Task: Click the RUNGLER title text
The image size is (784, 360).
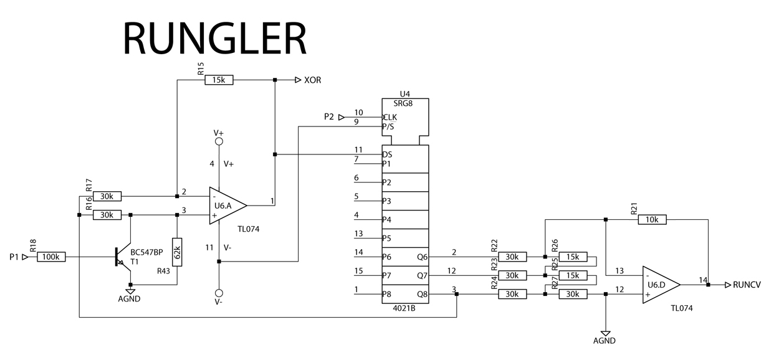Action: (215, 38)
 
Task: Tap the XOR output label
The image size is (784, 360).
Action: (312, 80)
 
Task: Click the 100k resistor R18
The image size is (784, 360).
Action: (51, 257)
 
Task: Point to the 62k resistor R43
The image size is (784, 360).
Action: (177, 252)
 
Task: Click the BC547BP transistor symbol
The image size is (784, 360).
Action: (123, 257)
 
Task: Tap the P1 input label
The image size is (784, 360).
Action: (14, 257)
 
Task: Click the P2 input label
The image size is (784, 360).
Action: (330, 116)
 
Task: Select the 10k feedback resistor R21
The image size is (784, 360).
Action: (651, 219)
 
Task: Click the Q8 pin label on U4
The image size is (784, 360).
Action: (422, 293)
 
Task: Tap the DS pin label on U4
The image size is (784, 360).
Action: (388, 154)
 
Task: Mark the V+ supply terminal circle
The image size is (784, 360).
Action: (219, 142)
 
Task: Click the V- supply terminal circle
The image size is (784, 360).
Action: (219, 293)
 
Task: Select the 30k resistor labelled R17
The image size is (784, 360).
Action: (107, 197)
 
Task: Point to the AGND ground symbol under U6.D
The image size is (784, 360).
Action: (605, 334)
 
